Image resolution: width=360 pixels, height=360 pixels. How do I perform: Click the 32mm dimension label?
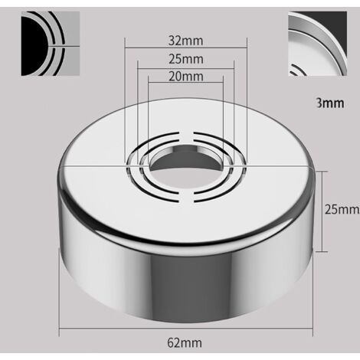pos(185,41)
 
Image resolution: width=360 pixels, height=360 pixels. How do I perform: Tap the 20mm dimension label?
pos(186,77)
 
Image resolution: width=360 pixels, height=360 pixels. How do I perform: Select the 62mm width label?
pos(185,342)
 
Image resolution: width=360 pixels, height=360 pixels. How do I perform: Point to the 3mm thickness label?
pos(330,103)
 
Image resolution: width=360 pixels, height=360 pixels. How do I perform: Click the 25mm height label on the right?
pos(342,210)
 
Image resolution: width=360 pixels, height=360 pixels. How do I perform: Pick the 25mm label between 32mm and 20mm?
pos(186,59)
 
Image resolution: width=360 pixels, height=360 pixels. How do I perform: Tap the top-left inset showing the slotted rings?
pos(51,44)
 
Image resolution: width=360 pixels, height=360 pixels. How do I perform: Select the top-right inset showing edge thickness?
pos(318,44)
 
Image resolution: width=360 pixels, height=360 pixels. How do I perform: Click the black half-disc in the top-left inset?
pos(33,46)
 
